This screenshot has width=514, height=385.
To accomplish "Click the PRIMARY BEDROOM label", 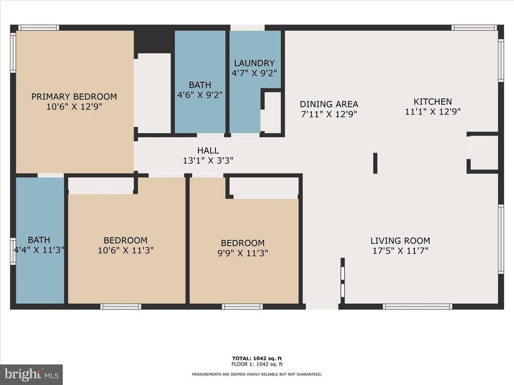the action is pyautogui.click(x=74, y=97).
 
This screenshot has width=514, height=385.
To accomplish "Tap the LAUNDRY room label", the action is pyautogui.click(x=254, y=63).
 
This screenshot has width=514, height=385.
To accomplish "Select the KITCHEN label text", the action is pyautogui.click(x=433, y=102).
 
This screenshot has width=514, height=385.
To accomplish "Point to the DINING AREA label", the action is pyautogui.click(x=329, y=104).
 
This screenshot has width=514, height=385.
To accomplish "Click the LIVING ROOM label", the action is pyautogui.click(x=400, y=241).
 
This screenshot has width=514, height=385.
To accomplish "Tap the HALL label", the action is pyautogui.click(x=208, y=150).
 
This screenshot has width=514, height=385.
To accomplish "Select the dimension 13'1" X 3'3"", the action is pyautogui.click(x=208, y=161).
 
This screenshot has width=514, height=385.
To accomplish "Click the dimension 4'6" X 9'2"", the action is pyautogui.click(x=200, y=95).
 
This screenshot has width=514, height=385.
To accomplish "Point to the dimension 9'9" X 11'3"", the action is pyautogui.click(x=243, y=253).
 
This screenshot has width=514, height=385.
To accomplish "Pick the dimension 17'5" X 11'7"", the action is pyautogui.click(x=400, y=251).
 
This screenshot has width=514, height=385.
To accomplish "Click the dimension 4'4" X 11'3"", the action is pyautogui.click(x=39, y=250).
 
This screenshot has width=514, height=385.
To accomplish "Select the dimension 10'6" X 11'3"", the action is pyautogui.click(x=125, y=251).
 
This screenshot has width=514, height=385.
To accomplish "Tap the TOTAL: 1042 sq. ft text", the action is pyautogui.click(x=257, y=358).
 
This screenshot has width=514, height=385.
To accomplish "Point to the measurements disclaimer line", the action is pyautogui.click(x=257, y=374).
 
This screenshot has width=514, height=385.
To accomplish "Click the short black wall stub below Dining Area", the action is pyautogui.click(x=375, y=163).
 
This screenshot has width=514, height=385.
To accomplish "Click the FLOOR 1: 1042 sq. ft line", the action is pyautogui.click(x=257, y=364).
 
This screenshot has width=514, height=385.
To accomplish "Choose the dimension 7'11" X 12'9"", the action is pyautogui.click(x=329, y=114).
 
